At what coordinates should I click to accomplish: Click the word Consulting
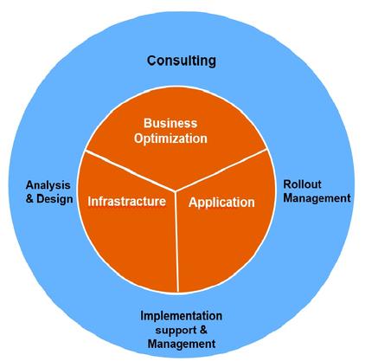182,61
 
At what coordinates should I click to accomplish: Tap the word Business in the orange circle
170,123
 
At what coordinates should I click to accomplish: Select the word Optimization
170,139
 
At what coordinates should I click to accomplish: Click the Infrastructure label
127,201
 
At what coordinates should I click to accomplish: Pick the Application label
221,203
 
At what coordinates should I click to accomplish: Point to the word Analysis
48,185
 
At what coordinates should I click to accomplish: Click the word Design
54,199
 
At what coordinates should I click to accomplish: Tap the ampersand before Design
29,198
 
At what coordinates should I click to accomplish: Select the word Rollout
303,184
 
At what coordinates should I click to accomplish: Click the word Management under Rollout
317,198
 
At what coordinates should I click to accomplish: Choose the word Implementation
182,316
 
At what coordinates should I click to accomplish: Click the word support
176,331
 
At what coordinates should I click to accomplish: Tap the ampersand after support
203,330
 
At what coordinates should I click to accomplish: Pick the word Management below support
182,344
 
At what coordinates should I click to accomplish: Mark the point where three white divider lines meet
176,191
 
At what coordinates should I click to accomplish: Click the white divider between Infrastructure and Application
177,242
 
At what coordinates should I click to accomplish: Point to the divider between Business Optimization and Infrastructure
131,171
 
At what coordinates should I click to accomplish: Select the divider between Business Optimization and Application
221,170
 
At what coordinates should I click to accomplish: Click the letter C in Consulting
152,61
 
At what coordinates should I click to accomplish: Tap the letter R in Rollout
288,184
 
